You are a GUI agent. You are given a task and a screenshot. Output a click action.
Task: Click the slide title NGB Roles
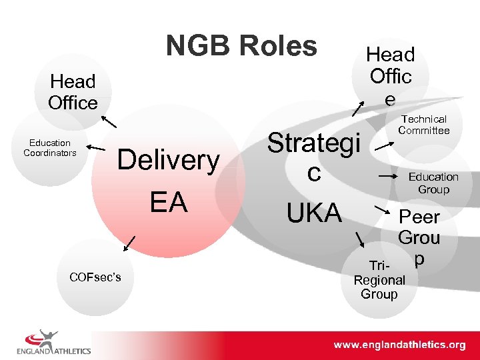pos(241,46)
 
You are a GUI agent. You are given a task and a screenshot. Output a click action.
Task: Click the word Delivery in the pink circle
pos(168,161)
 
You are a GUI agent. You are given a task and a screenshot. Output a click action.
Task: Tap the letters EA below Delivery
pos(168,202)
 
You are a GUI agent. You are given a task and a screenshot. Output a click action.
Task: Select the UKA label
pos(313,213)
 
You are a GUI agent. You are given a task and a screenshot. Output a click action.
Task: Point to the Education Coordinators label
pos(50,148)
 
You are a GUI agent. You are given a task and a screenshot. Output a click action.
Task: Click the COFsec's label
pos(96,277)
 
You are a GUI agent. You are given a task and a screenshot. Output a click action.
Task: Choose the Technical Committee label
pos(424,125)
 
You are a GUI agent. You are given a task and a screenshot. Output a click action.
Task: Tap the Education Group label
pos(433,183)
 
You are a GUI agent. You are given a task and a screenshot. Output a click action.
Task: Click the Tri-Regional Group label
pos(379,280)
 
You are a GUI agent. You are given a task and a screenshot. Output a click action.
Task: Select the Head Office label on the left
pos(73,92)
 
